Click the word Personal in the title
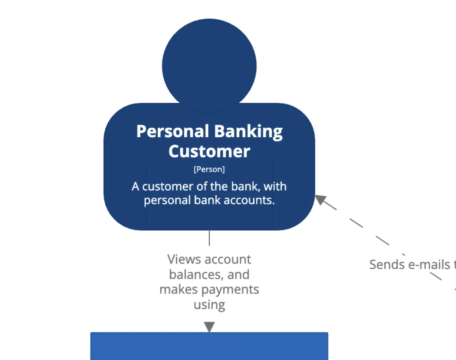coord(173,131)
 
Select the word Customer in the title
coord(209,152)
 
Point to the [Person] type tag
coord(209,169)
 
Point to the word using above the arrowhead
coord(209,305)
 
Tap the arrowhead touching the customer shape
coord(320,199)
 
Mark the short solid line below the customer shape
coord(209,238)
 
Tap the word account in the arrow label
coord(227,259)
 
